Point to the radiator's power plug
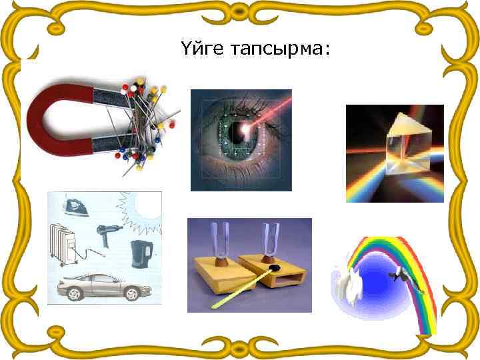click(x=104, y=253)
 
